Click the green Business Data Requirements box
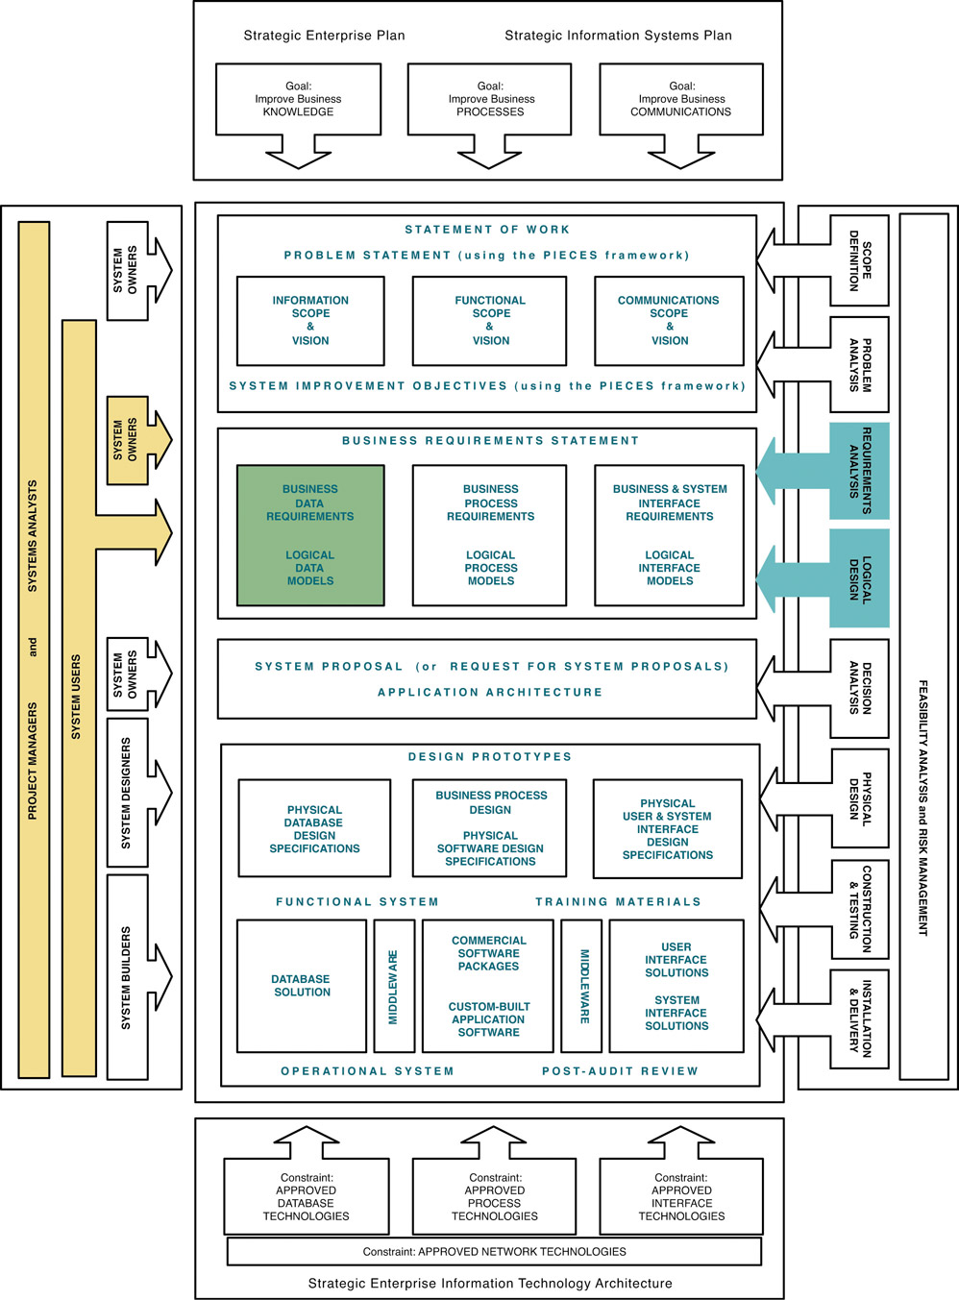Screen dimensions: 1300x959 310,535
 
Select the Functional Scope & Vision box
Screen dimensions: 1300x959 490,321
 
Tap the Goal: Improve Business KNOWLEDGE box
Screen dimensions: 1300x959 298,99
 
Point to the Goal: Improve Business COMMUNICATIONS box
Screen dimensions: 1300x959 680,99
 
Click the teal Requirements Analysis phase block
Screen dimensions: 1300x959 859,471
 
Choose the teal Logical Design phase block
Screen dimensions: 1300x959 859,578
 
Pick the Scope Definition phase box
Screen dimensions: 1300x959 859,260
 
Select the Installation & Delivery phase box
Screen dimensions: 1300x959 859,1018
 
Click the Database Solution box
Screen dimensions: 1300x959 302,986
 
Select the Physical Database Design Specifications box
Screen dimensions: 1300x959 314,828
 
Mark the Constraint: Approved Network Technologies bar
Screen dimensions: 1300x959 494,1251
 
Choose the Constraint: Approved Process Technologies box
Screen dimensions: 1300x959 494,1196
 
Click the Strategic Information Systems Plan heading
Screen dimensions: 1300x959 618,36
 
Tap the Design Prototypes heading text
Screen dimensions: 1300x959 489,757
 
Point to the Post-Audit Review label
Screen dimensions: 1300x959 620,1070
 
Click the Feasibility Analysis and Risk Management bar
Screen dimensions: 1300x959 923,647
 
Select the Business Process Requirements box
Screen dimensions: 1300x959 490,535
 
